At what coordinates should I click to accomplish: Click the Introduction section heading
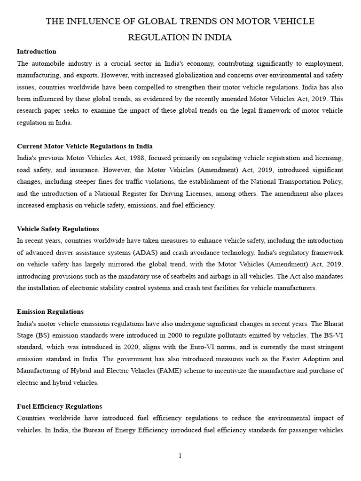37,51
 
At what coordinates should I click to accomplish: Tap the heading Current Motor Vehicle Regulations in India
85,146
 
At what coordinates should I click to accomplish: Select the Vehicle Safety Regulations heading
58,229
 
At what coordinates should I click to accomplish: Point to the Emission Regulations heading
50,311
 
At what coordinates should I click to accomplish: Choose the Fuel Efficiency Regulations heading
59,406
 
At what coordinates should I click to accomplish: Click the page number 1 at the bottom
180,456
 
